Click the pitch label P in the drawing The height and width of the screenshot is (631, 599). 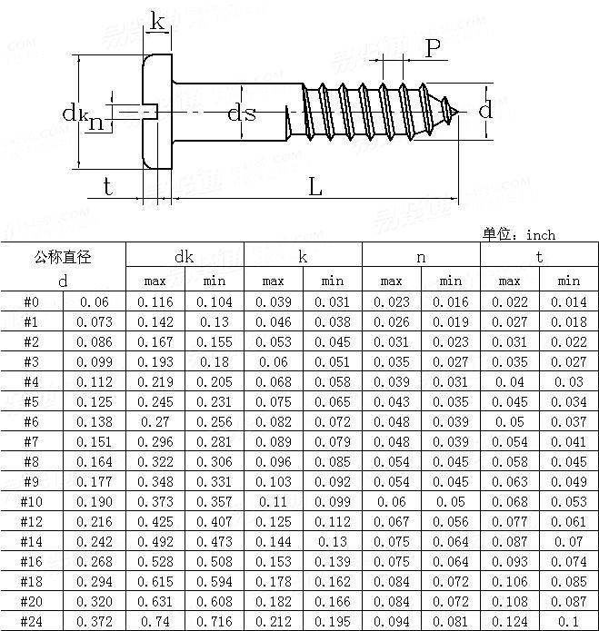click(x=434, y=49)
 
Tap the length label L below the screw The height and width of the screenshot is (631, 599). click(x=314, y=188)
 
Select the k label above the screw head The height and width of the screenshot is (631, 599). click(x=157, y=23)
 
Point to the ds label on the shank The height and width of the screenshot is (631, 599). click(x=241, y=113)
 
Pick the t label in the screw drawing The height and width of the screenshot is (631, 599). click(x=107, y=187)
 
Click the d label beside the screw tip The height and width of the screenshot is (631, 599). click(x=485, y=111)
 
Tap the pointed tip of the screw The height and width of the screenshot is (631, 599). click(x=458, y=111)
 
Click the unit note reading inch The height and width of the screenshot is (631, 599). click(x=519, y=235)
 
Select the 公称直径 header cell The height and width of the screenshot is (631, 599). click(x=63, y=257)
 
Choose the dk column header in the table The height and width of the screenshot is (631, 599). click(x=185, y=257)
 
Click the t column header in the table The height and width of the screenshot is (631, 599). click(x=539, y=257)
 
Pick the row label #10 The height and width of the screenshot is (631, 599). click(x=31, y=501)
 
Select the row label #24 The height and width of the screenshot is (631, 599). click(x=31, y=621)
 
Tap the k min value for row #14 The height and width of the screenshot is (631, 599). click(x=333, y=541)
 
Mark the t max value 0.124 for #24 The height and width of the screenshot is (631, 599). click(x=509, y=621)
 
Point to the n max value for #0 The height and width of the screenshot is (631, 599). click(x=391, y=301)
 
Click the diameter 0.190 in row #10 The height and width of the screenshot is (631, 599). click(x=95, y=501)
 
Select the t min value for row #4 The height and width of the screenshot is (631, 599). click(x=568, y=381)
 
